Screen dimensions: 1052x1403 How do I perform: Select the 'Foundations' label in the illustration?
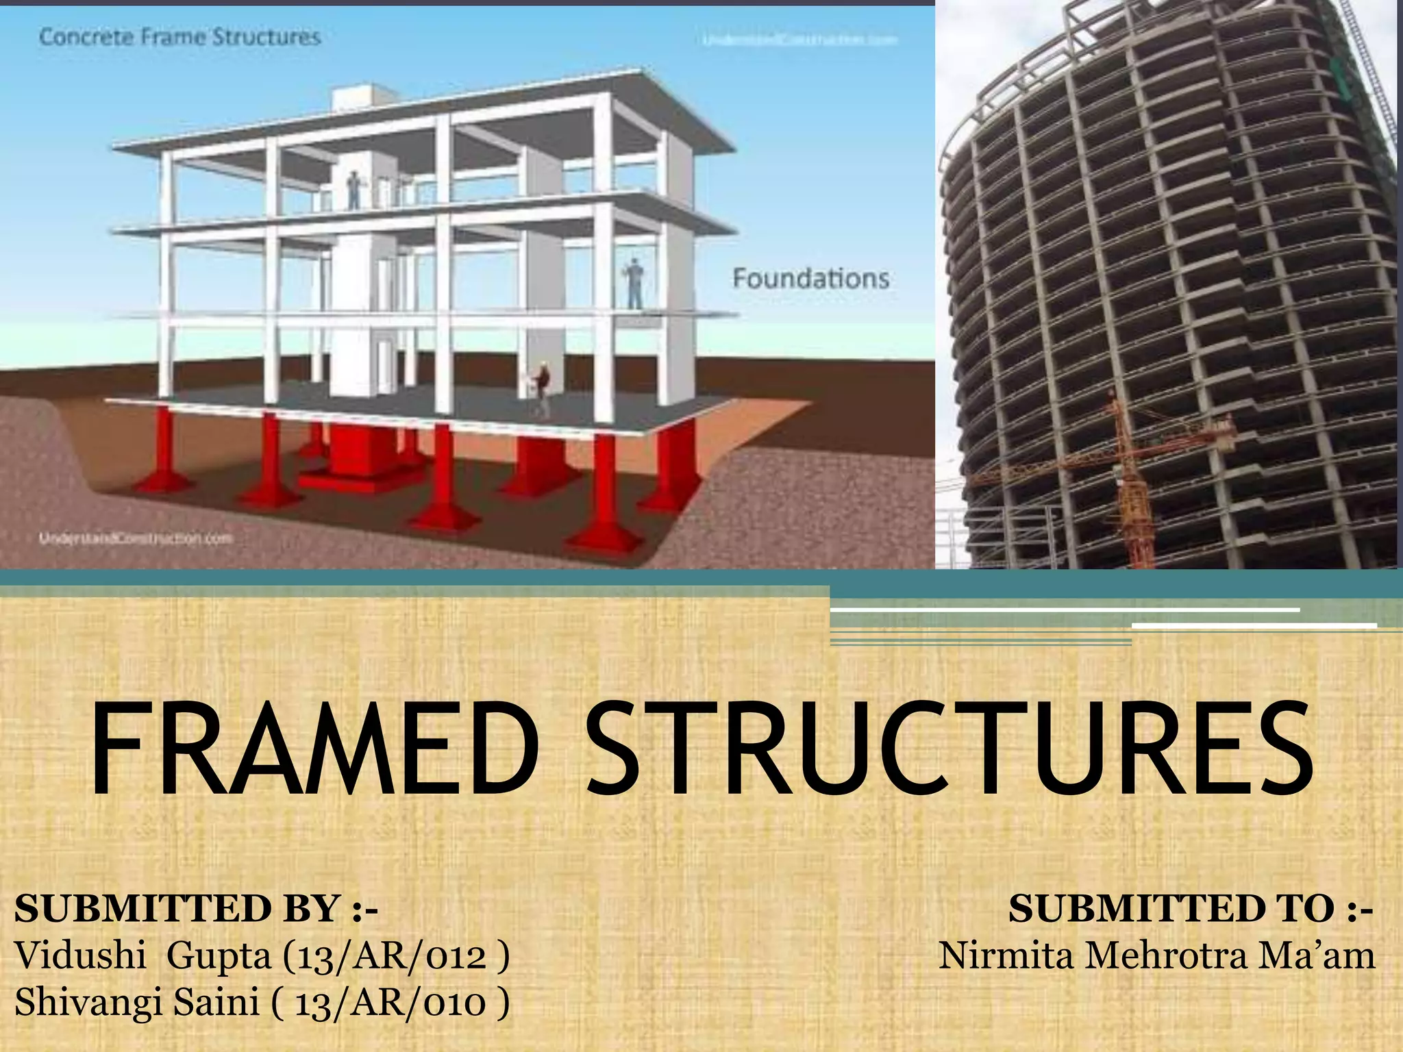pos(810,279)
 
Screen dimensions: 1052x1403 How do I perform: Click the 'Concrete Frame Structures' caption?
pos(179,37)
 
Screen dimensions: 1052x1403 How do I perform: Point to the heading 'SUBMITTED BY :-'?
pos(196,909)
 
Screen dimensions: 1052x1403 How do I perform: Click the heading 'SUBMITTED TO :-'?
pos(1190,909)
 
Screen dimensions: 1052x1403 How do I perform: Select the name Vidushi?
pos(80,955)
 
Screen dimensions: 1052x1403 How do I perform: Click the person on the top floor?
pos(353,190)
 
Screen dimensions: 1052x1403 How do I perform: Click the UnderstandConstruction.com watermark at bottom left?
pos(136,538)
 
